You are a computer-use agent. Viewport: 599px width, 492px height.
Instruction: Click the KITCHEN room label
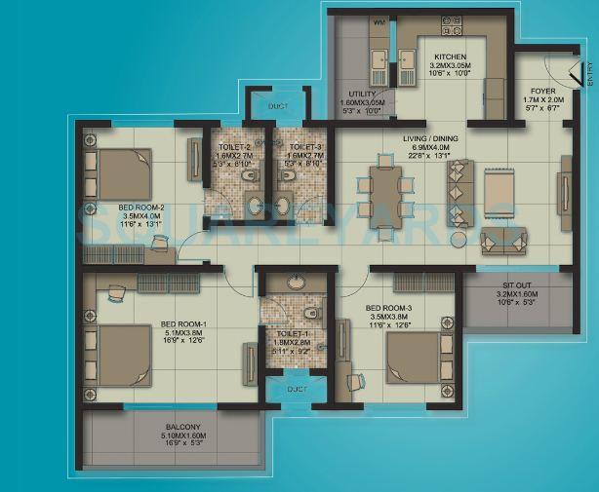[x=450, y=57]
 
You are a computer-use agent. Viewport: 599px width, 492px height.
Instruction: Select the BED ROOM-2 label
[x=141, y=208]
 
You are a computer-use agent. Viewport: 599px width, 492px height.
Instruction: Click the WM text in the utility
[x=351, y=19]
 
